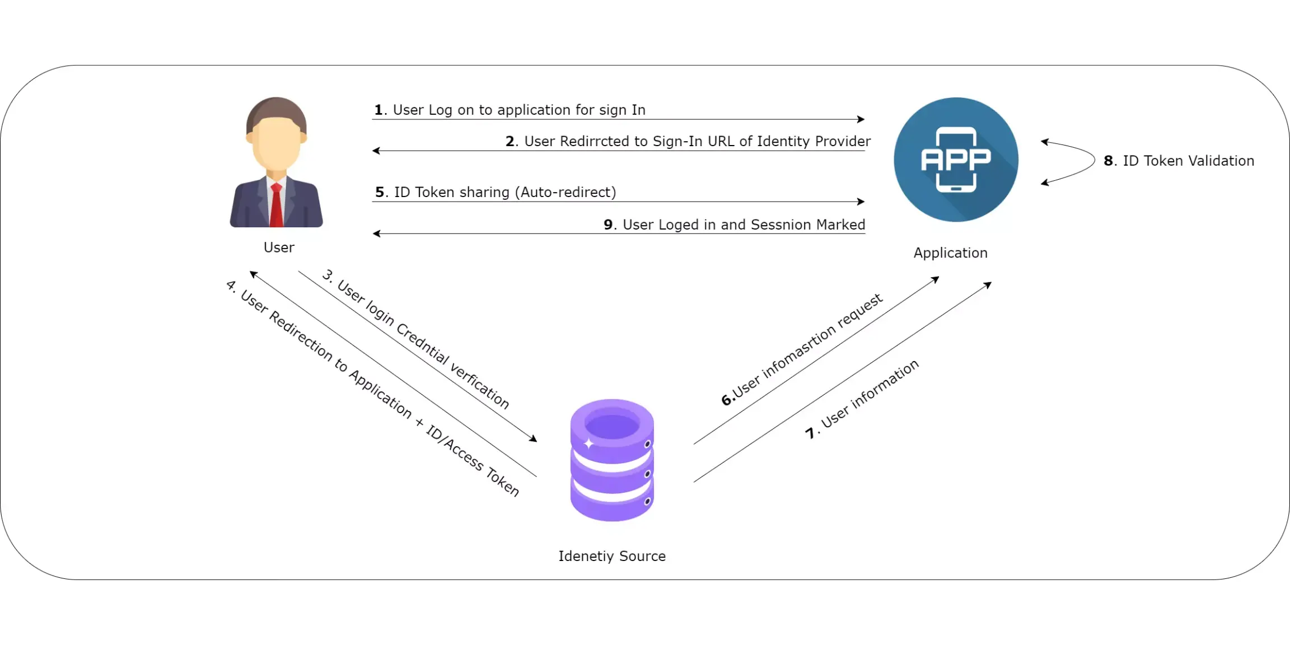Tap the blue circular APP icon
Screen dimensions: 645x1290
click(x=956, y=160)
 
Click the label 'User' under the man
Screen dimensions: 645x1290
click(x=279, y=247)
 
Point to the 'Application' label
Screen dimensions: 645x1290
click(x=950, y=253)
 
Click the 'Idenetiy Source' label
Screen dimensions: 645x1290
click(x=612, y=556)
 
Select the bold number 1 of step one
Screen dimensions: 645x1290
click(x=378, y=110)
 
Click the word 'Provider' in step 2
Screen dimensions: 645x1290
click(x=843, y=141)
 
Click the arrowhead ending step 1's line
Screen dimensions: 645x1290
click(x=862, y=119)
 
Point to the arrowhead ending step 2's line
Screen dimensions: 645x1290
click(x=376, y=151)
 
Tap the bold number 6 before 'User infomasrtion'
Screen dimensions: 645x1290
click(x=726, y=400)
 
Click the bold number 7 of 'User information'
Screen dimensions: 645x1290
click(x=810, y=433)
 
